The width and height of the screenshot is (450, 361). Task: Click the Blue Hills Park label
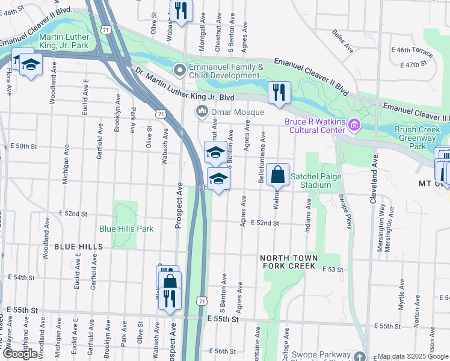126,229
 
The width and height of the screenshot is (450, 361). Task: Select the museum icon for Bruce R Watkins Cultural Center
354,125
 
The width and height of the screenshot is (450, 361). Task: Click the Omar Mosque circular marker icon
201,112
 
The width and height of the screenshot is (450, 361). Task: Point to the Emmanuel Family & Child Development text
224,71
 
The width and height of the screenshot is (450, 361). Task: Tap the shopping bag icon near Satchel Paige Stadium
277,176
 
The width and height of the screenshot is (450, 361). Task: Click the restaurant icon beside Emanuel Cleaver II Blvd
279,93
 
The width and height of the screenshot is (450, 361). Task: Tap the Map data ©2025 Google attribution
413,356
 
